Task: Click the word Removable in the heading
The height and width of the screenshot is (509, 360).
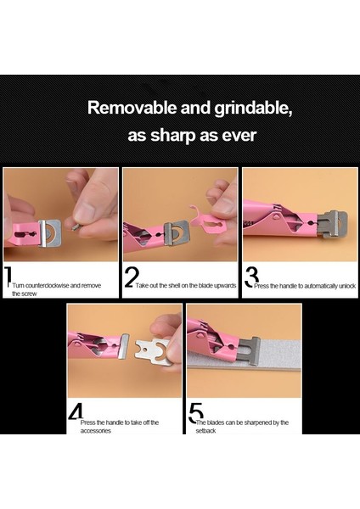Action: (130, 109)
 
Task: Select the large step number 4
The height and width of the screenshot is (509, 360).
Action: (75, 413)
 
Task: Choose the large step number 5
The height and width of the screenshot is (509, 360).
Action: (194, 413)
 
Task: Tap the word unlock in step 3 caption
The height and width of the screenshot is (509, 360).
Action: (337, 286)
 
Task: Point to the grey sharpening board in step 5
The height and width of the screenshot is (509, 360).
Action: (246, 366)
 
